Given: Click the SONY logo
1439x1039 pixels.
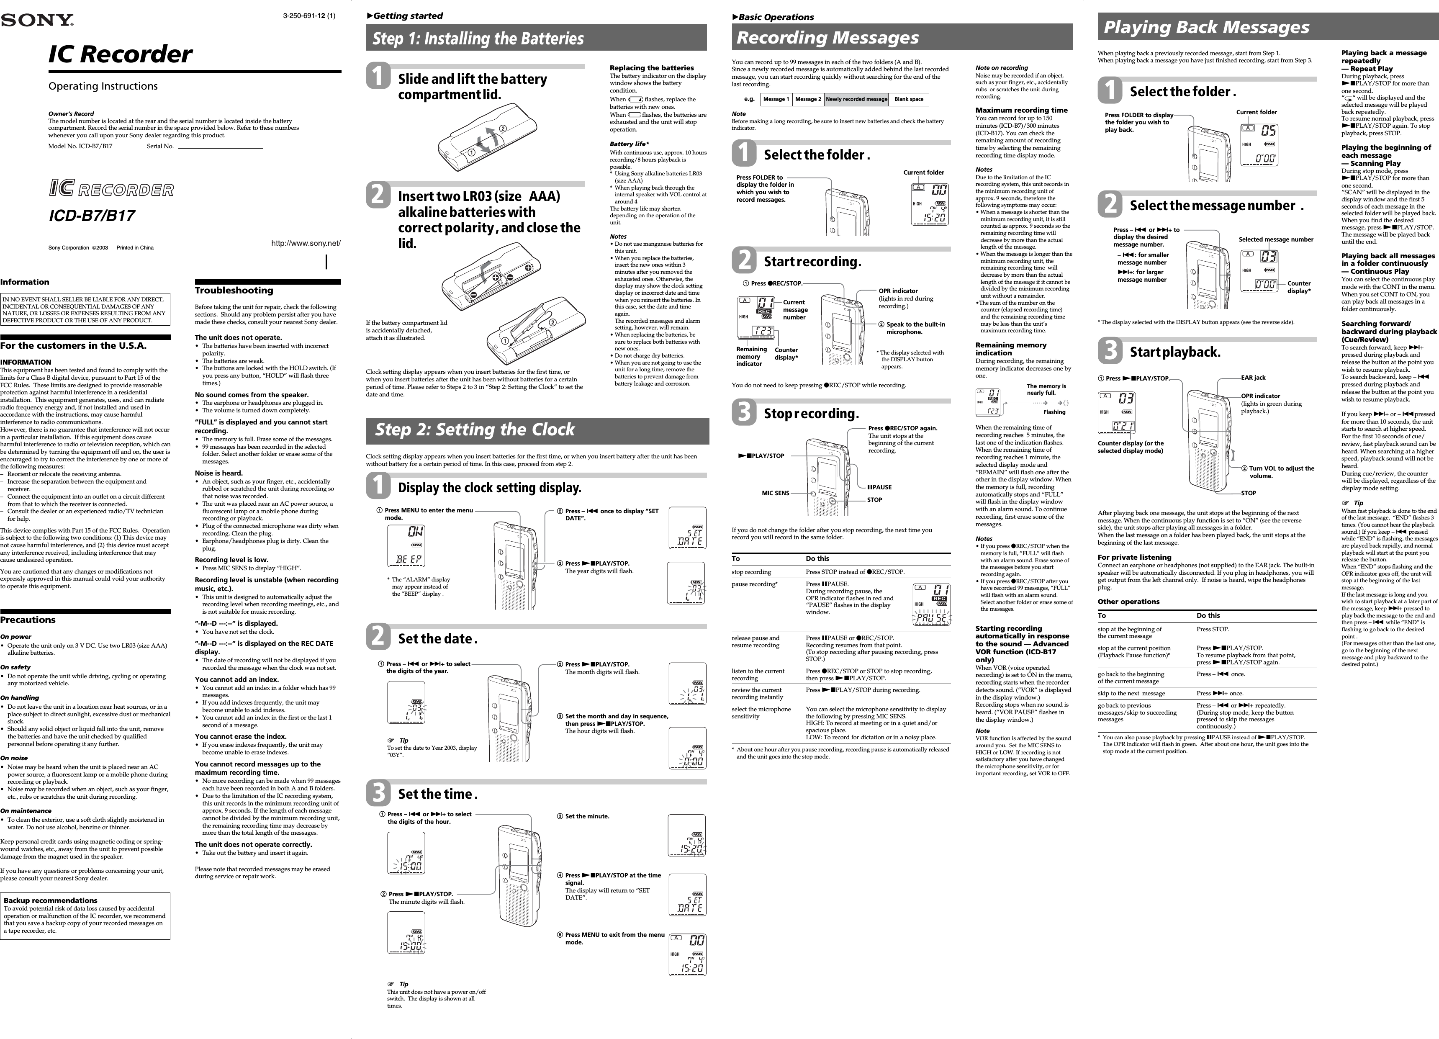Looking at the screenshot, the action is click(37, 21).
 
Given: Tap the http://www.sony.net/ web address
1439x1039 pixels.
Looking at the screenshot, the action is click(306, 243).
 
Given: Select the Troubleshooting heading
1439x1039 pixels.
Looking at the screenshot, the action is click(234, 291).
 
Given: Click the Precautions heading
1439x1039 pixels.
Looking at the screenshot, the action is click(28, 620).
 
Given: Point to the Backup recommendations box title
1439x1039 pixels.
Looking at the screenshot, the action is click(50, 900).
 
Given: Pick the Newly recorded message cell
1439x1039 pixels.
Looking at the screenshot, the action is click(856, 100).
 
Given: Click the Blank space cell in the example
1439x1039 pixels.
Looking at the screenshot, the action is click(909, 100).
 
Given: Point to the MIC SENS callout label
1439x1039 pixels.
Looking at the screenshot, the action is click(775, 493).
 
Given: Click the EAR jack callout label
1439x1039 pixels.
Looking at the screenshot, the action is click(1253, 378).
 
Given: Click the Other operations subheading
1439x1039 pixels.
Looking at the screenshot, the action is click(1128, 602).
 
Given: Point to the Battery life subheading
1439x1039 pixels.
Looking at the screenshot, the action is click(629, 144).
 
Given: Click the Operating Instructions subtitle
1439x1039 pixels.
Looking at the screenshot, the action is click(103, 86).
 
